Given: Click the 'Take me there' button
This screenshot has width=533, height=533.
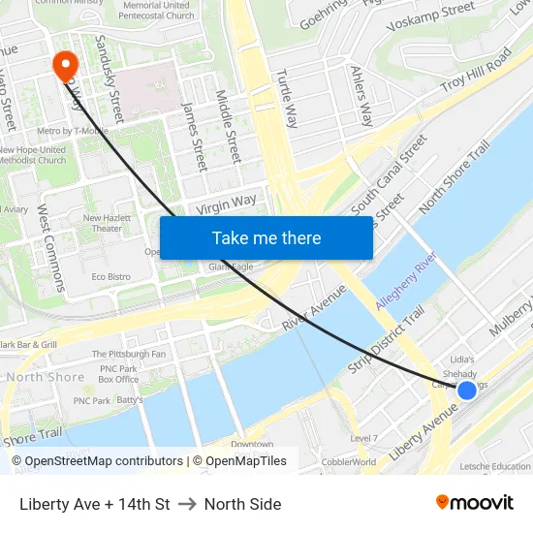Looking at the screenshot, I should [266, 237].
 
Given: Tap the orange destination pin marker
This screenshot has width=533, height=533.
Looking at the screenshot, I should [66, 65].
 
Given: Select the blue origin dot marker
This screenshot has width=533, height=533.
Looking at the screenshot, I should [466, 390].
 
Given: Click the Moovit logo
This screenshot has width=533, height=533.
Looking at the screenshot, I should [474, 502].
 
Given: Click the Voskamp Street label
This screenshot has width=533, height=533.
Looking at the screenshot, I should [431, 16].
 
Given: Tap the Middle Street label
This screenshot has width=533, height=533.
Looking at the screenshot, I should [228, 127].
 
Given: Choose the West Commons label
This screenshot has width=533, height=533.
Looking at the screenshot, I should [51, 247].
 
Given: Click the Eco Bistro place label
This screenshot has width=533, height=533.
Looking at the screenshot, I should [110, 277].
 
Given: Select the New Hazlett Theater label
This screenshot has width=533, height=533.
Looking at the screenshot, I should [107, 223].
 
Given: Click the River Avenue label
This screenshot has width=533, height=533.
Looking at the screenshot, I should [314, 306].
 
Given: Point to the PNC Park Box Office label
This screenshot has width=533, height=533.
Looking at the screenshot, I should [118, 374].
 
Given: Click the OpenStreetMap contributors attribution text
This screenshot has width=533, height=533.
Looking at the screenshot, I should [97, 461].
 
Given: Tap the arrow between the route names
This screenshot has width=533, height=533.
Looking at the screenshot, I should [187, 504].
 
